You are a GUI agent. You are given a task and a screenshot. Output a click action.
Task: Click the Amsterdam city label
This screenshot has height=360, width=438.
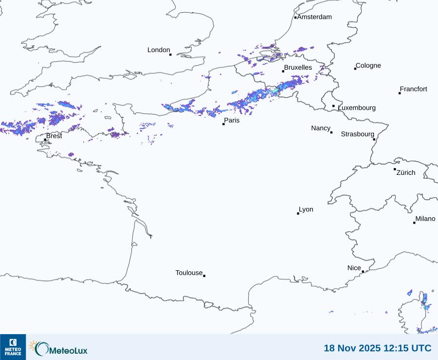point(314,17)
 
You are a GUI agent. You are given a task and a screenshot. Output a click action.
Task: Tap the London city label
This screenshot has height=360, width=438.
point(159,50)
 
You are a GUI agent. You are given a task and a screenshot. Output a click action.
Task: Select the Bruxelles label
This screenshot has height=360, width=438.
point(298,68)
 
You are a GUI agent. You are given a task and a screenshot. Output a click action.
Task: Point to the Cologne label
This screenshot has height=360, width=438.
point(368,66)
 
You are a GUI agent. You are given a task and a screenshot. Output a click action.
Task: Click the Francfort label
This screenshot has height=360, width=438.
point(414,89)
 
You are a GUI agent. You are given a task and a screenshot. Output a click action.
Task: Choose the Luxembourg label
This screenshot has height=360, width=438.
point(357,108)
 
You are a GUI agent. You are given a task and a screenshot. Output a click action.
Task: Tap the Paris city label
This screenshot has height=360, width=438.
point(232,120)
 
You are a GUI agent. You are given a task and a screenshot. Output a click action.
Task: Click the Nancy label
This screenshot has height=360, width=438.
point(321,128)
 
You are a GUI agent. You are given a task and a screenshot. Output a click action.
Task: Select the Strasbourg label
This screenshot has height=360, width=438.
point(358,134)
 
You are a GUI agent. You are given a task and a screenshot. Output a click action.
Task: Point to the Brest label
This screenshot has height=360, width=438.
point(54,136)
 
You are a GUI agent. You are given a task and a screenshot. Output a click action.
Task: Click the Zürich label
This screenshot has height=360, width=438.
point(406,172)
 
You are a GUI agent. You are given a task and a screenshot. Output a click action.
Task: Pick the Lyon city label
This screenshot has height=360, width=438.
point(306,209)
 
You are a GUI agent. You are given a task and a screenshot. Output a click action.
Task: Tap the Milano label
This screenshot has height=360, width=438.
point(425,219)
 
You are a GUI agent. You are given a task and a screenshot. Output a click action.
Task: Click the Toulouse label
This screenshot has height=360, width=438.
point(189,273)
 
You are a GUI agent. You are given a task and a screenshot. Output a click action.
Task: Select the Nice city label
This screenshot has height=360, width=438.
point(354,268)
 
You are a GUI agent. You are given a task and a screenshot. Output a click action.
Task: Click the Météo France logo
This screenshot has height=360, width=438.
point(13,347)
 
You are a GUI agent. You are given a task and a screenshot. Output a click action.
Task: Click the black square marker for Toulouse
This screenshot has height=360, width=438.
point(204,276)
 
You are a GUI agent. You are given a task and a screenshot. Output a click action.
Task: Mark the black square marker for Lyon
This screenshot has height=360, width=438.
point(298,213)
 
